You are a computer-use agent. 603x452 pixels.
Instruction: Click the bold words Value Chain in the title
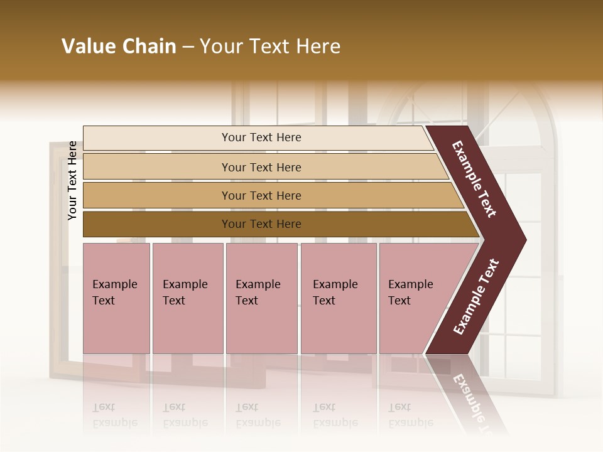click(x=119, y=46)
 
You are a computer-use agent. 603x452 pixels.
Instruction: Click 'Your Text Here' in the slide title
click(x=270, y=46)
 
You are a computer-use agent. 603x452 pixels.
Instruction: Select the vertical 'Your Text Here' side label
click(x=72, y=180)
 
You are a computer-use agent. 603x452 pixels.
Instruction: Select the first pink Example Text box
click(x=116, y=298)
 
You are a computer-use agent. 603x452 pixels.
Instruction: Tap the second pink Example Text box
click(x=187, y=298)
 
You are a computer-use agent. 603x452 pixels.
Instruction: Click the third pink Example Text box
click(x=261, y=298)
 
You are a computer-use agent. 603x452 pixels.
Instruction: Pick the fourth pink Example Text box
click(x=339, y=298)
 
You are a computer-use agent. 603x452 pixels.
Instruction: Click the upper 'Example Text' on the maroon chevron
click(x=474, y=179)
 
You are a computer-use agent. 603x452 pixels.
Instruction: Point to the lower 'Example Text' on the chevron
click(x=476, y=297)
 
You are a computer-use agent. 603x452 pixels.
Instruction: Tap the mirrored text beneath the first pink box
click(x=115, y=415)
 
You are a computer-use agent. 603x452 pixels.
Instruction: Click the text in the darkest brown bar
click(x=261, y=224)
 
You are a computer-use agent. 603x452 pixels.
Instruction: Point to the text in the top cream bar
click(x=261, y=137)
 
